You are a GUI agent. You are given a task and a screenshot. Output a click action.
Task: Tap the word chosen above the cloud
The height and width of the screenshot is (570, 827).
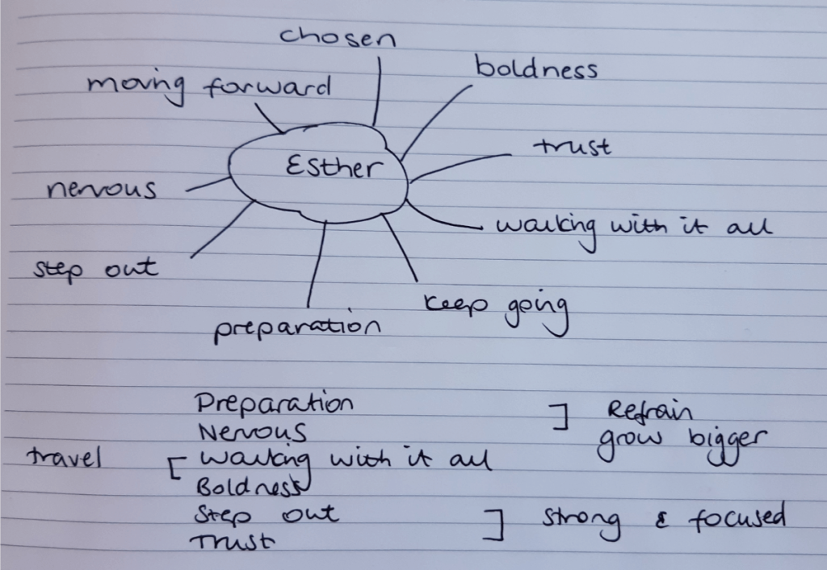(338, 37)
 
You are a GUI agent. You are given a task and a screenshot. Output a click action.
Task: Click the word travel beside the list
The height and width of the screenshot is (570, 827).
(64, 457)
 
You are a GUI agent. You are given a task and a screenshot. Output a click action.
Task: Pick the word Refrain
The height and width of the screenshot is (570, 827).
(649, 410)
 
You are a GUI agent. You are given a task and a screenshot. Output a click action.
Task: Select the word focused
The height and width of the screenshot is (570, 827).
(737, 517)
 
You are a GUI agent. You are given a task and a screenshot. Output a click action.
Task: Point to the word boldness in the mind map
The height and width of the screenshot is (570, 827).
(536, 68)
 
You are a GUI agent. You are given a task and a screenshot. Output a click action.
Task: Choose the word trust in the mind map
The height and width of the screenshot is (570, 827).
(573, 147)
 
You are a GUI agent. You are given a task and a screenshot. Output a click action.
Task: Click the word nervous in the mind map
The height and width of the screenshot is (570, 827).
(101, 189)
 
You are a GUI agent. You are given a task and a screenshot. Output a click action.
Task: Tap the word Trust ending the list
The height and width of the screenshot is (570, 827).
(233, 541)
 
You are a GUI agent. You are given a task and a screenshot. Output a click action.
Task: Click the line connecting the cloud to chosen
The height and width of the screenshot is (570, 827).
(376, 90)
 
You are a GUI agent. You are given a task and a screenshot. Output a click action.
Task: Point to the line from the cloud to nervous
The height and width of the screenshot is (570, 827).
(208, 183)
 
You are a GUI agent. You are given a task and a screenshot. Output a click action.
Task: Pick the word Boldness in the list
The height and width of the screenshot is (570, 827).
(251, 486)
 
